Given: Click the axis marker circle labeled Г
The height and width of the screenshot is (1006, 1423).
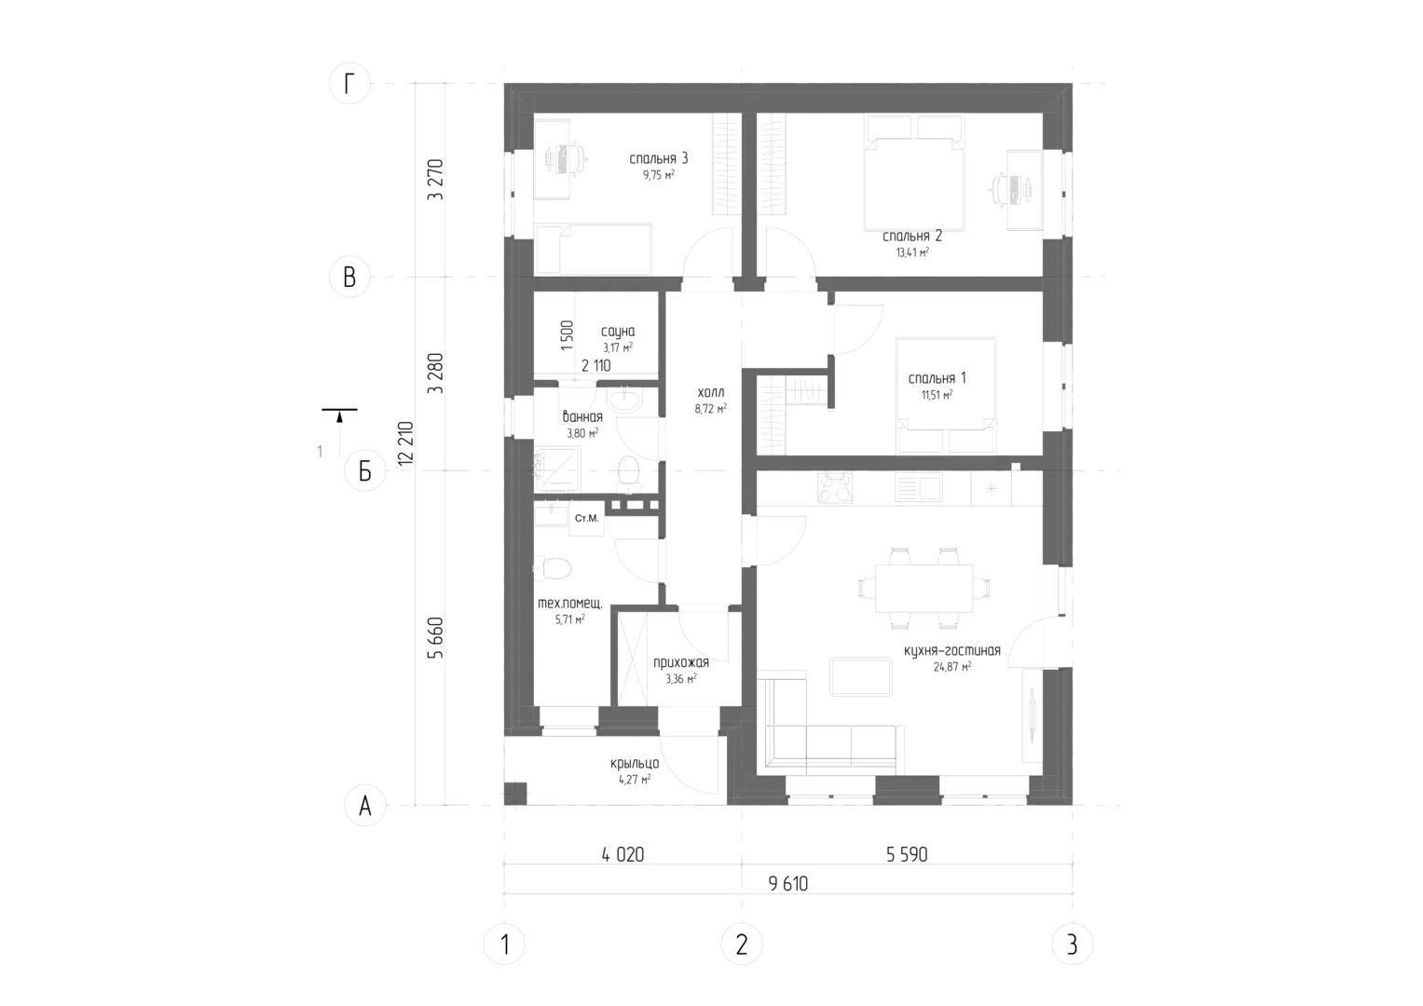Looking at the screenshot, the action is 349,83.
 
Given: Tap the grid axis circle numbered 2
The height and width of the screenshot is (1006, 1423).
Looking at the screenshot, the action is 742,945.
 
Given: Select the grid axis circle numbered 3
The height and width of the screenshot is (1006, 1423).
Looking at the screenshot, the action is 1073,945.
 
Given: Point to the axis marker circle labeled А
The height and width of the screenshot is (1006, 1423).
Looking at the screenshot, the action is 364,806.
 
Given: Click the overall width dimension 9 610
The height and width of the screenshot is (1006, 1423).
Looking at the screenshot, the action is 787,883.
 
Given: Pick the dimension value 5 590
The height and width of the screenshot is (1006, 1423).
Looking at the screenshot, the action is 907,854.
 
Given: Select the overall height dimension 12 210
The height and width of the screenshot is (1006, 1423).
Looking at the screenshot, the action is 405,443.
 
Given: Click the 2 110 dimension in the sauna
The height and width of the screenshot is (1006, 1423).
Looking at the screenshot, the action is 595,365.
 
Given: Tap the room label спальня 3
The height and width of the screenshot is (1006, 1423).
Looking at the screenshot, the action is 658,158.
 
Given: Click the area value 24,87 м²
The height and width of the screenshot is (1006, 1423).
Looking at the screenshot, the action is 951,667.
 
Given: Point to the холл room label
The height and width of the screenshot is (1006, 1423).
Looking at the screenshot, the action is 710,392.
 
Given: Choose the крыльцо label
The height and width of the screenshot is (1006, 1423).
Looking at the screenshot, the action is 634,764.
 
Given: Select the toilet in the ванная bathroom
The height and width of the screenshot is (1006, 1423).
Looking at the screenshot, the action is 628,474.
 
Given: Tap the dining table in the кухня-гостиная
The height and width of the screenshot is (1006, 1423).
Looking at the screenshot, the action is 924,588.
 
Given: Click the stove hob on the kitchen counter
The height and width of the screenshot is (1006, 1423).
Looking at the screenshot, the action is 834,488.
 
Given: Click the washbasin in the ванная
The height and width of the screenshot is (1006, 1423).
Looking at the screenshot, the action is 625,400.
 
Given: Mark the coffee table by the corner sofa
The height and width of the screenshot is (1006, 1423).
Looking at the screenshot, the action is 860,676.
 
